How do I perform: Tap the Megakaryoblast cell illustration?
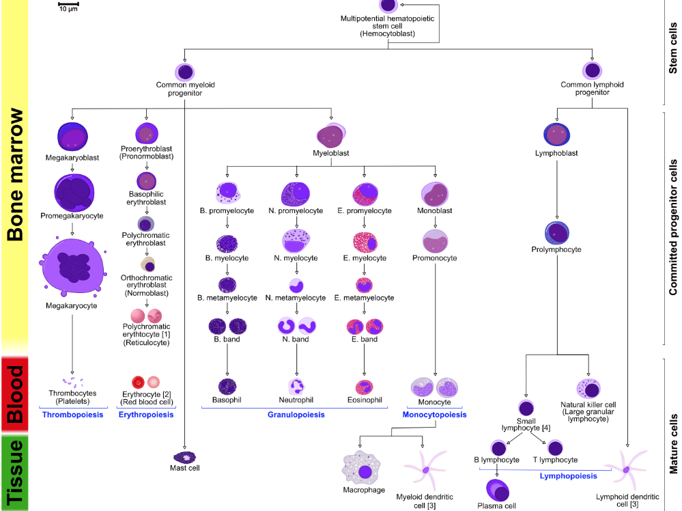pyautogui.click(x=72, y=137)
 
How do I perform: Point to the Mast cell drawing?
pyautogui.click(x=184, y=456)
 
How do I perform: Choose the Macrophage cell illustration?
pyautogui.click(x=365, y=468)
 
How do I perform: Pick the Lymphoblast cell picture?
pyautogui.click(x=556, y=134)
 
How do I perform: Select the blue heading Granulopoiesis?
pyautogui.click(x=296, y=415)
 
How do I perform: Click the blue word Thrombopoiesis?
pyautogui.click(x=72, y=415)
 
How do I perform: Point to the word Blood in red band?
pyautogui.click(x=15, y=394)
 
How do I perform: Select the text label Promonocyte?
pyautogui.click(x=434, y=258)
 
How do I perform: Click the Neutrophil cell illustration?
pyautogui.click(x=296, y=387)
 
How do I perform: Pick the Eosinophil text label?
pyautogui.click(x=363, y=400)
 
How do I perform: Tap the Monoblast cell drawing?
pyautogui.click(x=434, y=195)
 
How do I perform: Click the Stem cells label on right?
pyautogui.click(x=674, y=49)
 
